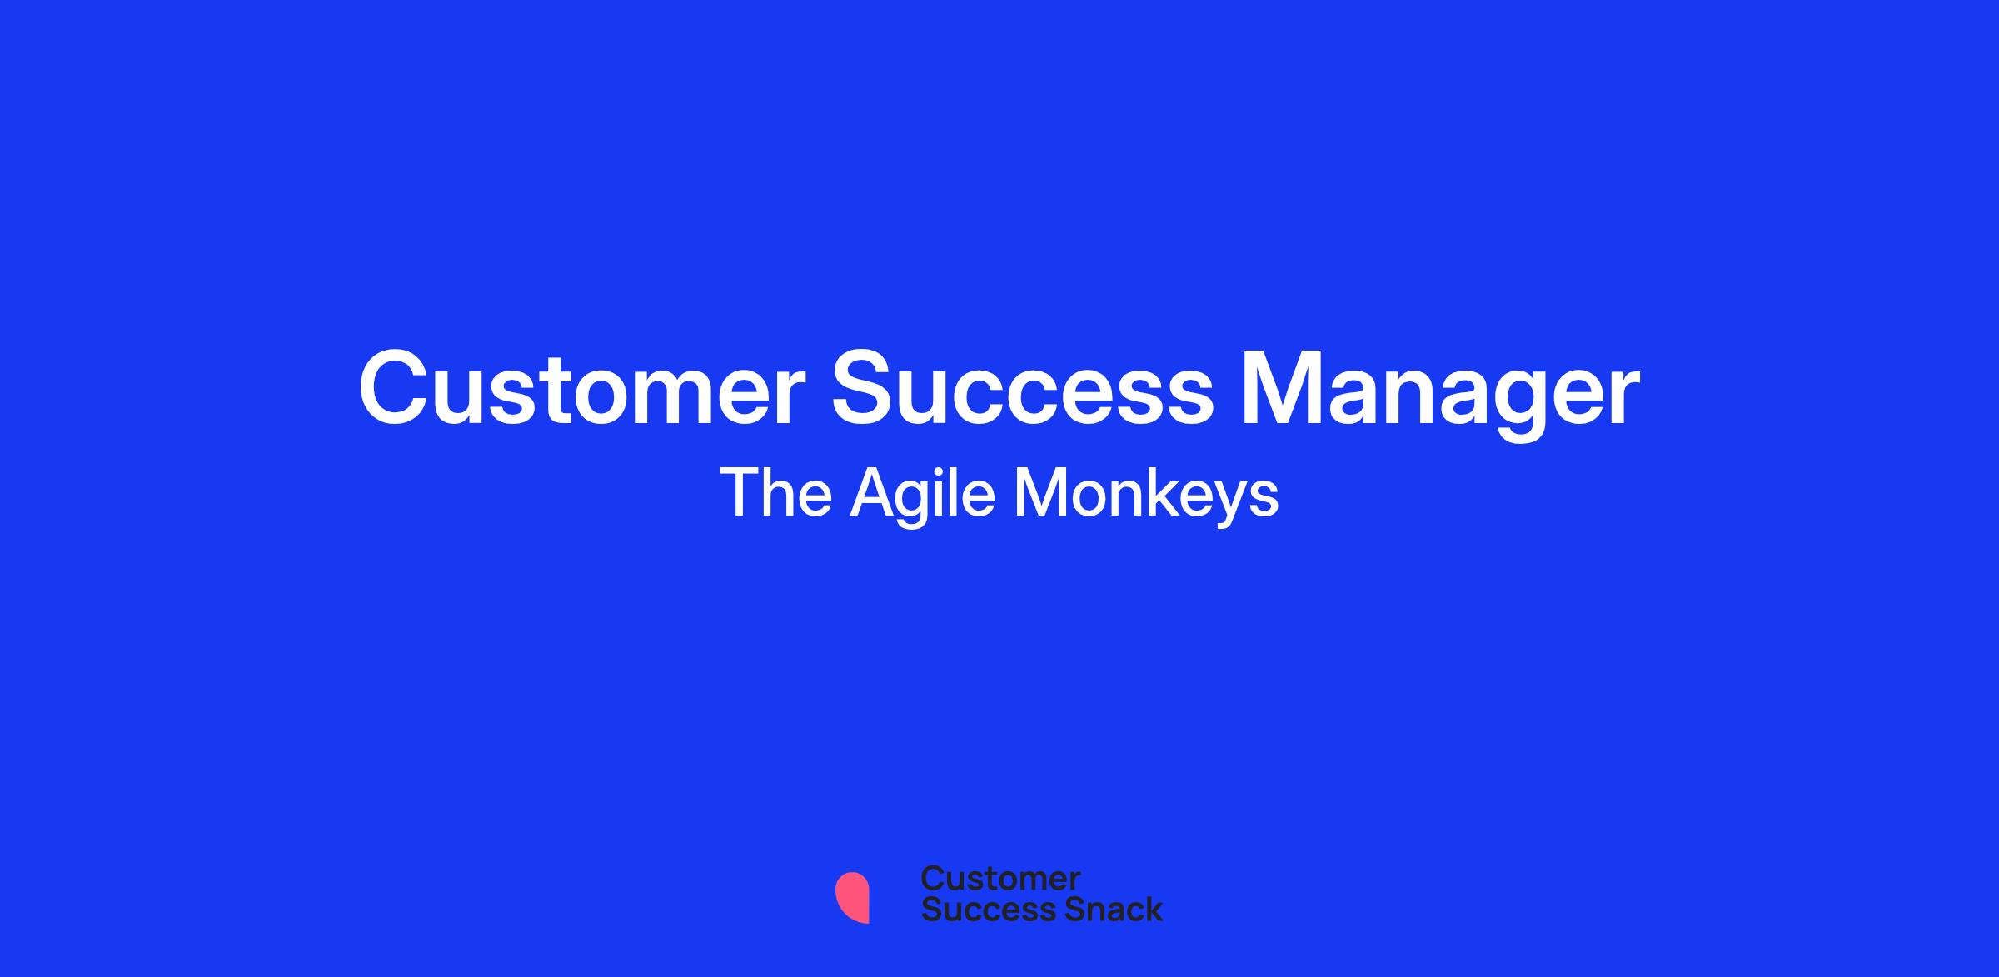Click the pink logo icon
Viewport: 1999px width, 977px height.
click(852, 897)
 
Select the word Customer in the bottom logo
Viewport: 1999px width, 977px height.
click(1000, 879)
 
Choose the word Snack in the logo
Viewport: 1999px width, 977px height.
click(1102, 910)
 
